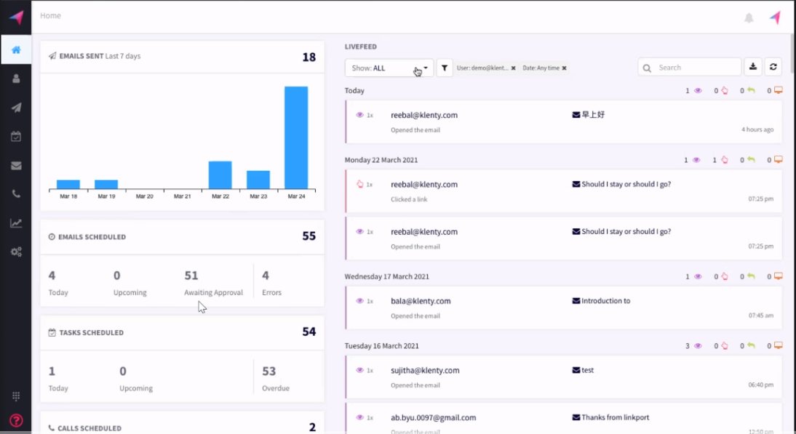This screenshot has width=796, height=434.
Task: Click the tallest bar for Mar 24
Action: [295, 137]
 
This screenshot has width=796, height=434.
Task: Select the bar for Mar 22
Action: [220, 174]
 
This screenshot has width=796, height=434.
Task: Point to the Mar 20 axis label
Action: [144, 196]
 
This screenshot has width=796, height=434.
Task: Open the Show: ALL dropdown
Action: [389, 68]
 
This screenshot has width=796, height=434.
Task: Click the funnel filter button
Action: [445, 68]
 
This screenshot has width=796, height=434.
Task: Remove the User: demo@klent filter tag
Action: [513, 68]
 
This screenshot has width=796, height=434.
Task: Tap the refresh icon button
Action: [773, 67]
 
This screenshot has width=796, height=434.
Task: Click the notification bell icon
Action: [749, 17]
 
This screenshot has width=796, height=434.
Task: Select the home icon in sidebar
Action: [16, 50]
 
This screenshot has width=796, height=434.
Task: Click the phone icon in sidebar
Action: [16, 194]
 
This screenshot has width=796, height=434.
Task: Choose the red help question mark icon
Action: [16, 420]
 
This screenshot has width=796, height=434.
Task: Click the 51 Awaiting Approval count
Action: [191, 276]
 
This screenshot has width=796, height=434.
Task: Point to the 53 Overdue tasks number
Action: [269, 371]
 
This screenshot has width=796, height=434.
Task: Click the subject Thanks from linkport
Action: [615, 417]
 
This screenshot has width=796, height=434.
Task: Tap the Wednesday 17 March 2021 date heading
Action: [386, 276]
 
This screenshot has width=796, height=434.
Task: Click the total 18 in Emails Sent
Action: [309, 57]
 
